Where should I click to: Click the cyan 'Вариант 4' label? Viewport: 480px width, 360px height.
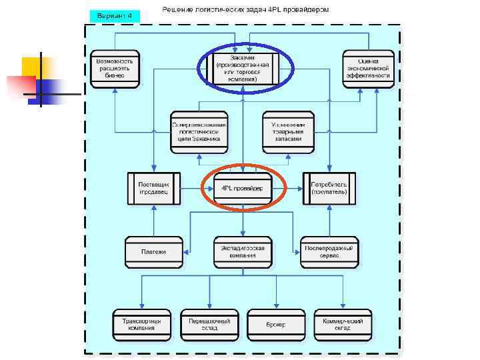pos(115,15)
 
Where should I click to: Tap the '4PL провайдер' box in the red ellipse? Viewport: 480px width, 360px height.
pos(242,189)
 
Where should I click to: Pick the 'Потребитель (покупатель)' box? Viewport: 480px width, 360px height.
pos(330,189)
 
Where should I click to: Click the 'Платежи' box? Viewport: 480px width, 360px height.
pos(154,252)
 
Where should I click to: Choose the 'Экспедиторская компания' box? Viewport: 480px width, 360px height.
pos(243,252)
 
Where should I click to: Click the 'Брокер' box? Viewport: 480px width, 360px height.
pos(276,325)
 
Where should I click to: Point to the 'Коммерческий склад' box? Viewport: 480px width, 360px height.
pos(343,325)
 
